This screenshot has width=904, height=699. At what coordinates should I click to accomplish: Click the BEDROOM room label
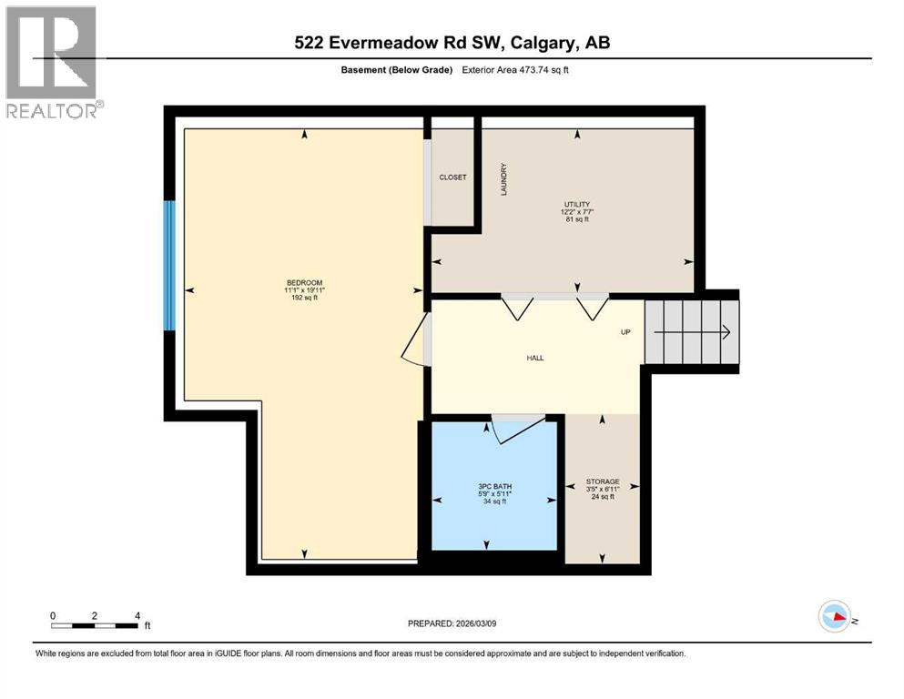click(304, 282)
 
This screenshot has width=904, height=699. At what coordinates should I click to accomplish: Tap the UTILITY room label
click(575, 205)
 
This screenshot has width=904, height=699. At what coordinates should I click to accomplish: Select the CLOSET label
click(452, 177)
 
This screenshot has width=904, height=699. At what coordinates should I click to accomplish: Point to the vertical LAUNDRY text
click(503, 179)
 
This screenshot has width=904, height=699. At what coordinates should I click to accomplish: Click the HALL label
click(535, 358)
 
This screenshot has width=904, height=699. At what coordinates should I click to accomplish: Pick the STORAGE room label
click(603, 481)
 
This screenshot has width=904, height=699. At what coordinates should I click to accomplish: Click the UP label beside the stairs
click(625, 332)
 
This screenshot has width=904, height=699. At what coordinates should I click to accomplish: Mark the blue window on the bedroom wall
click(168, 265)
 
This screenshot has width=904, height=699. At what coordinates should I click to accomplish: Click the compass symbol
click(835, 617)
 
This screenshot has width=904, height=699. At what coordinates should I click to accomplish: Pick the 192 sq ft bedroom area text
click(304, 298)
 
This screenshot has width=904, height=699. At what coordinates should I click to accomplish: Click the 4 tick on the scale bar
click(137, 615)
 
